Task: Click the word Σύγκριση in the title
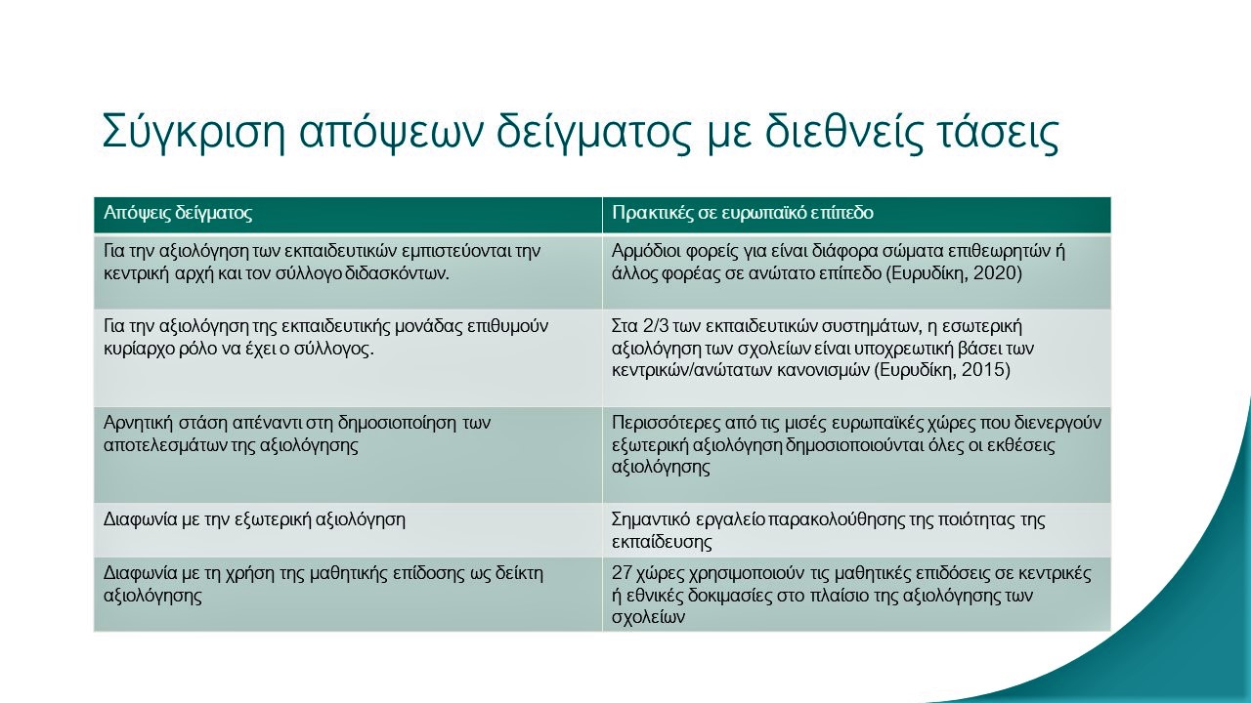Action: click(x=194, y=133)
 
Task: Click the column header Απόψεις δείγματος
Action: click(x=178, y=213)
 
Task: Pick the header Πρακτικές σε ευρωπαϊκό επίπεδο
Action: click(x=742, y=213)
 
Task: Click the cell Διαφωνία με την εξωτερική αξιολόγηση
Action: click(x=254, y=520)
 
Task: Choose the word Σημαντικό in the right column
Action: click(x=652, y=520)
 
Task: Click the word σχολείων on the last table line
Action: click(x=648, y=618)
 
